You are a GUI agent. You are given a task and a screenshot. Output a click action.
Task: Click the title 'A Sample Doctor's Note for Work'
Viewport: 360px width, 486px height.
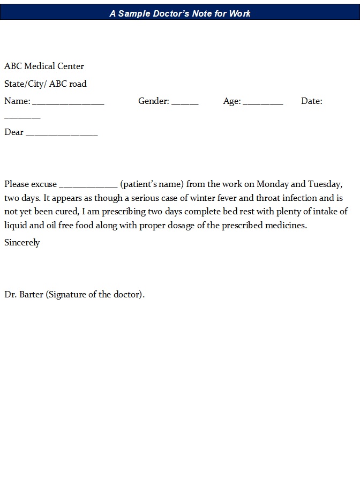coord(180,13)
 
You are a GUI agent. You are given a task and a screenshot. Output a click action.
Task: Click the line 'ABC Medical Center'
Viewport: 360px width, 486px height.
coord(44,66)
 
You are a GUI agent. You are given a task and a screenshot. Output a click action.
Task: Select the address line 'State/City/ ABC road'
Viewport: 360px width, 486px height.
coord(46,84)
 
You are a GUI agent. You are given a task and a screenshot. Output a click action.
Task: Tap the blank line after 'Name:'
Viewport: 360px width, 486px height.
coord(68,102)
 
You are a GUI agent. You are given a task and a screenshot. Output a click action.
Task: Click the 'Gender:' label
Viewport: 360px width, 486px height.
coord(153,101)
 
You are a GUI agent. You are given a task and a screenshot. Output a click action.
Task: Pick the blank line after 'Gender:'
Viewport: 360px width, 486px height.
coord(185,102)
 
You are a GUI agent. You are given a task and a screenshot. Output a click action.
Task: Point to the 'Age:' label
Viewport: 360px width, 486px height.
coord(232,101)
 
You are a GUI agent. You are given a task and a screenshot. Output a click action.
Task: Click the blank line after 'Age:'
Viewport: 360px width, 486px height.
coord(263,102)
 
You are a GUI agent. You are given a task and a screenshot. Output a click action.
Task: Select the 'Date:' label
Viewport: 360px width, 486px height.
coord(311,101)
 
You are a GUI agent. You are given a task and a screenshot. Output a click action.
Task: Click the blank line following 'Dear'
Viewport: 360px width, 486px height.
coord(62,133)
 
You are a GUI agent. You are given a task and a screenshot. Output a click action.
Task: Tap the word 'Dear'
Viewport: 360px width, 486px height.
coord(14,132)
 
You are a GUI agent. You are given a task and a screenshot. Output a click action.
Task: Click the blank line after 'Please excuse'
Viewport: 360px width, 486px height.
coord(88,185)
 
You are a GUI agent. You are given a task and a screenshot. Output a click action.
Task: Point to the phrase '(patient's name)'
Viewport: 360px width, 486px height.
coord(152,184)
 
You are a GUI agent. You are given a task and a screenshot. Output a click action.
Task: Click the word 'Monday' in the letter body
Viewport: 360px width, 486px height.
coord(273,184)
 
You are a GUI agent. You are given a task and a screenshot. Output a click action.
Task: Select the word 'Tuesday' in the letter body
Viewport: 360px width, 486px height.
coord(324,184)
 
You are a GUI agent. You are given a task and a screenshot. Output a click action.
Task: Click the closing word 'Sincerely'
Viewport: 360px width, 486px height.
coord(22,243)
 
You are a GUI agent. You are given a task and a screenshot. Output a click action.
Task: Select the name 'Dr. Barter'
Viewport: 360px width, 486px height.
coord(24,295)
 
